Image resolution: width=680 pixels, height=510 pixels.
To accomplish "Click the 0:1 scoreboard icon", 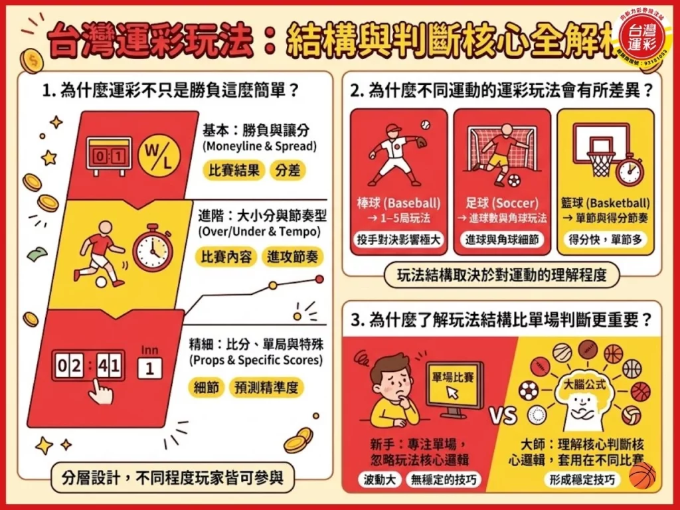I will click(x=109, y=157).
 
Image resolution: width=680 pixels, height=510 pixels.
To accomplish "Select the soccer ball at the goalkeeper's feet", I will click(x=515, y=180).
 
